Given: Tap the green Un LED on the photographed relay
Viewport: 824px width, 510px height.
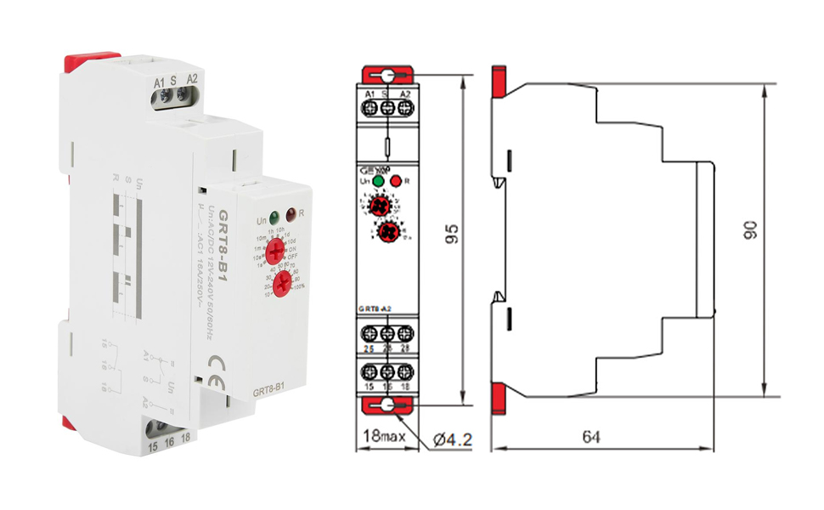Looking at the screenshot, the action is pyautogui.click(x=274, y=216).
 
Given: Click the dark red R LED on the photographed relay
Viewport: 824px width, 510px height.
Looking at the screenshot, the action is pyautogui.click(x=291, y=216).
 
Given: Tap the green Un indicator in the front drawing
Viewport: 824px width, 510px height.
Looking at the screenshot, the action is pyautogui.click(x=377, y=181).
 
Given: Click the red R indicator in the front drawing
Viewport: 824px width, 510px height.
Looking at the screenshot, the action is pyautogui.click(x=395, y=181).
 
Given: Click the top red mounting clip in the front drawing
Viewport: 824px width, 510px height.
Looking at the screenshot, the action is pyautogui.click(x=387, y=75).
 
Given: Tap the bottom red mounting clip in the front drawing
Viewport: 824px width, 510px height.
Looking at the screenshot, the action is pyautogui.click(x=387, y=406).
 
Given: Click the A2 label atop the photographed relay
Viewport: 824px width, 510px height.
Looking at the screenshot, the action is pyautogui.click(x=192, y=81).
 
